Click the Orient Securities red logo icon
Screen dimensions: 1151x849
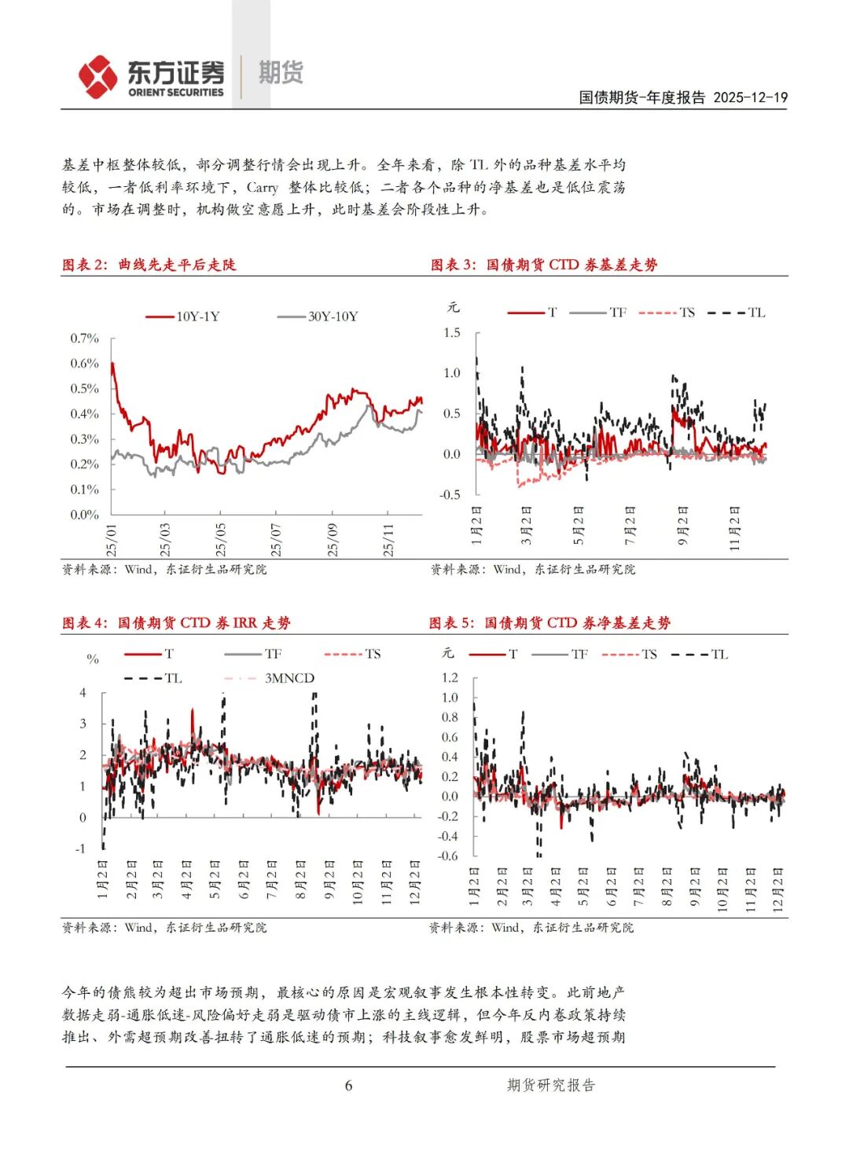coord(97,77)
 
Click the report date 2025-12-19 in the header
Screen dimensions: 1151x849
coord(750,97)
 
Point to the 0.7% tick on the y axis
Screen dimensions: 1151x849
coord(85,339)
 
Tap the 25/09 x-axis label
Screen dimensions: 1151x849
coord(333,540)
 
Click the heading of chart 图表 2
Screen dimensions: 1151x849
coord(149,265)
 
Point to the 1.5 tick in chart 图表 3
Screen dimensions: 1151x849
coord(452,332)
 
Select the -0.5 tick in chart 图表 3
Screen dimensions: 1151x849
coord(450,494)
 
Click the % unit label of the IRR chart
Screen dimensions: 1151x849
coord(93,659)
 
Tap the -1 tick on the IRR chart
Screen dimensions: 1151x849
coord(80,849)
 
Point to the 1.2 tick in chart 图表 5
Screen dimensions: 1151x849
coord(450,677)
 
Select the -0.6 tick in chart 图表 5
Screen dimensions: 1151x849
coord(447,856)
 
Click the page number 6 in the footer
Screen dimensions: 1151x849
coord(348,1086)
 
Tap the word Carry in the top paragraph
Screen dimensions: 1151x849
coord(262,188)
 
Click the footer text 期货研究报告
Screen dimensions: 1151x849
coord(551,1086)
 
